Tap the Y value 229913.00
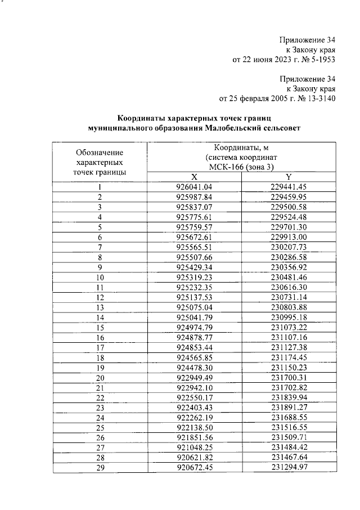287,238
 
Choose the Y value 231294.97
287,467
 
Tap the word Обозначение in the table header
100,153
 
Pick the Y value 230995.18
287,317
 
